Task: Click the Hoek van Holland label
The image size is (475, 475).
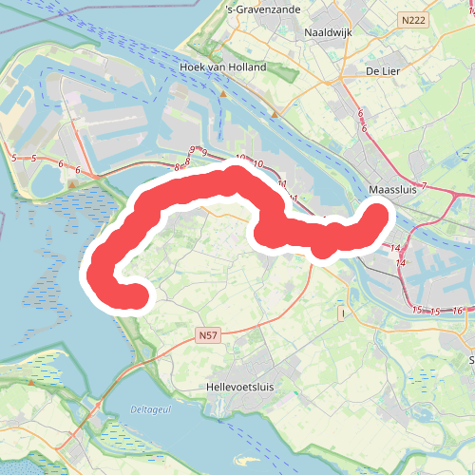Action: pos(223,68)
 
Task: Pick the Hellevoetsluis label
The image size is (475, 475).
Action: pos(247,388)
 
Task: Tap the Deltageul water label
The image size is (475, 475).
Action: pos(142,409)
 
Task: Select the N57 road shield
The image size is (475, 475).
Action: pos(209,335)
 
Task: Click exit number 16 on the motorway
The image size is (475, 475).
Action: pos(457,312)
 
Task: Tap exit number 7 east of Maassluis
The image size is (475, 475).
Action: pos(425,185)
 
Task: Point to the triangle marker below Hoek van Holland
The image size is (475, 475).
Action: pos(223,94)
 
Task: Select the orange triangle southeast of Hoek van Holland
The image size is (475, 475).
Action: pos(275,114)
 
